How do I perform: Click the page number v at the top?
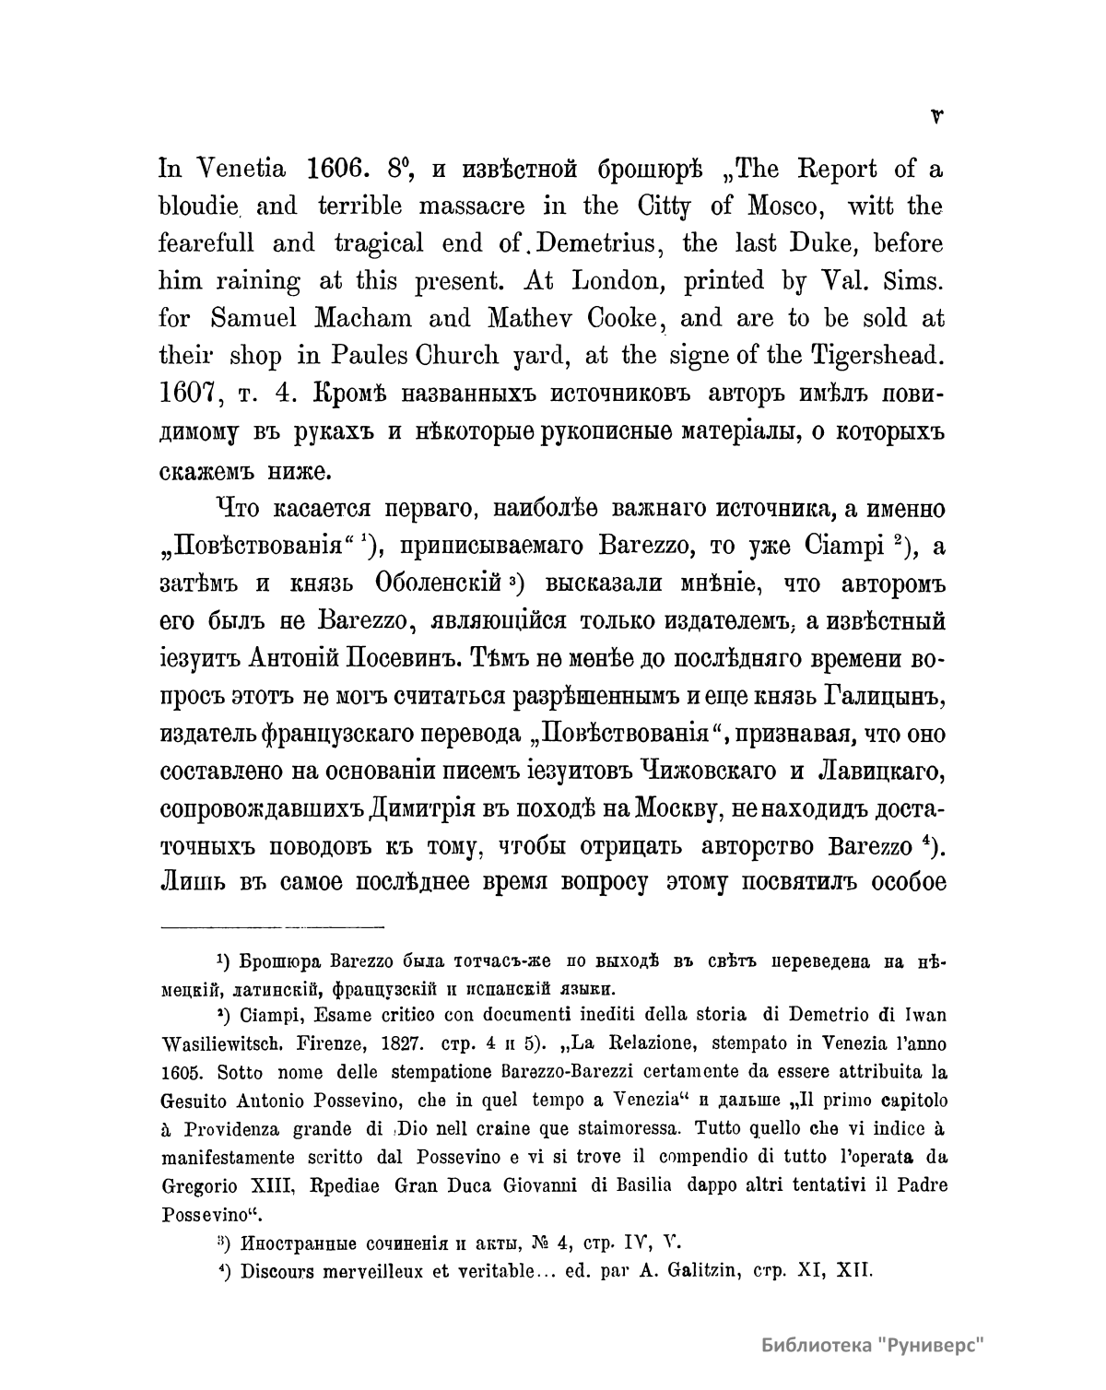937,116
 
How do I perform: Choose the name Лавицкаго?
876,770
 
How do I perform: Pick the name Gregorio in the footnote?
201,1184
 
